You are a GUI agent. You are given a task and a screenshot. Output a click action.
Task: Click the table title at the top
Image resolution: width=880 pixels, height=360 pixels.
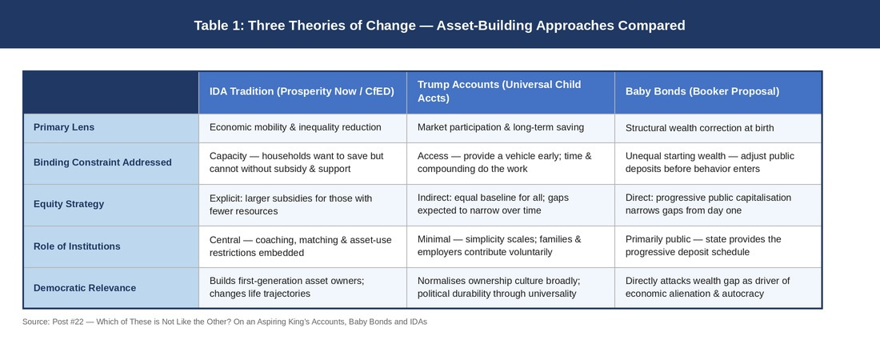click(439, 26)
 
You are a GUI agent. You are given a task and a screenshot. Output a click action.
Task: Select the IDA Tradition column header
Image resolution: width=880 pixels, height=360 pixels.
click(302, 91)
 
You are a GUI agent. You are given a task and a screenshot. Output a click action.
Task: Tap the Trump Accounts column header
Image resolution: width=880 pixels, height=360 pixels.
click(499, 91)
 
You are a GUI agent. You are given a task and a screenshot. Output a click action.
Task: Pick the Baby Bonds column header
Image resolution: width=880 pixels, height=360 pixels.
click(702, 91)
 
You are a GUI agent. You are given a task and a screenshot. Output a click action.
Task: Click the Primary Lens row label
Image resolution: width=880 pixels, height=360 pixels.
click(64, 127)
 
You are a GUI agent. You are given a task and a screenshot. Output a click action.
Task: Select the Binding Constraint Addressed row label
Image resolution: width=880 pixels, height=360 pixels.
click(102, 162)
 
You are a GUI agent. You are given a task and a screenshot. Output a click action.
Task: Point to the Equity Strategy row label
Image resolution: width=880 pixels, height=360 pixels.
click(69, 204)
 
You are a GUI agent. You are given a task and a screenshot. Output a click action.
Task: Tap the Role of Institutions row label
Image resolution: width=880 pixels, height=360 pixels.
click(77, 246)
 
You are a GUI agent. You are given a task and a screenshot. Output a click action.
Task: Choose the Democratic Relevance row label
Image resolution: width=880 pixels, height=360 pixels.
click(85, 287)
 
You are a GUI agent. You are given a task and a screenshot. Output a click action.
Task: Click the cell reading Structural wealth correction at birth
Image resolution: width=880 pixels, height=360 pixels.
click(699, 128)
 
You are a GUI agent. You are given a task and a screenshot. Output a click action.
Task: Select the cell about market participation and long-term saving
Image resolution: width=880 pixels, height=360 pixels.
click(501, 127)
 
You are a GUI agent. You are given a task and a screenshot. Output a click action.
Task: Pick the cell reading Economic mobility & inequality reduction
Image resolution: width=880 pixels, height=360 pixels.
click(295, 127)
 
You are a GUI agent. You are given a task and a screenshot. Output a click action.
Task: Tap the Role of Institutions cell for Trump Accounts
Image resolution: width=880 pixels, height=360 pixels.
click(499, 246)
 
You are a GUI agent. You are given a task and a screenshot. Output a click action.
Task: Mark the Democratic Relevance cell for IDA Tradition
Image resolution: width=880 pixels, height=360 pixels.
click(286, 287)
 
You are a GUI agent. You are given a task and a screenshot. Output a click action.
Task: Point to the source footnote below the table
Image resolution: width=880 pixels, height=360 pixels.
click(225, 322)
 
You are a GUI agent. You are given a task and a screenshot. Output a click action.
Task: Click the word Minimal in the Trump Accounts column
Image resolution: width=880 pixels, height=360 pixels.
click(434, 240)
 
